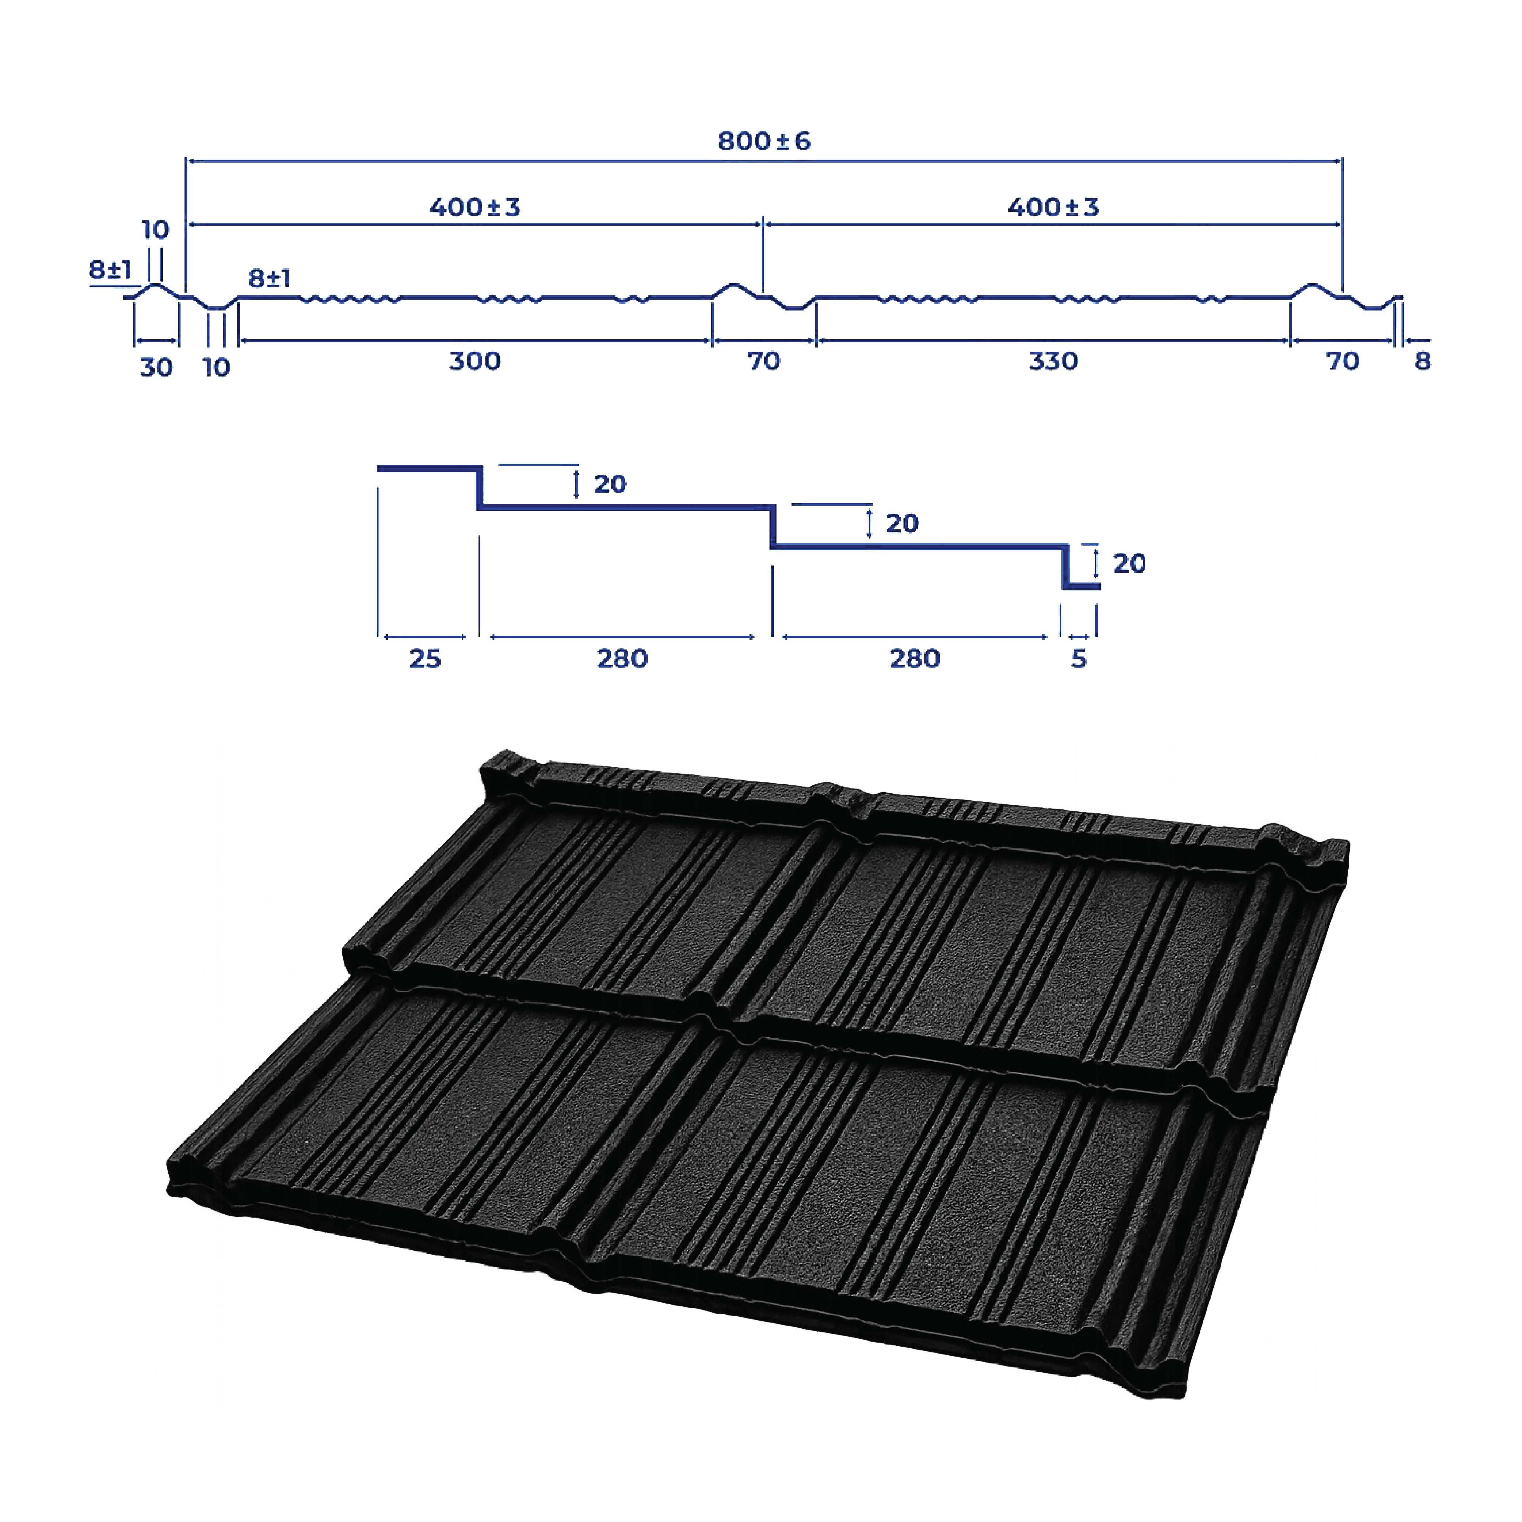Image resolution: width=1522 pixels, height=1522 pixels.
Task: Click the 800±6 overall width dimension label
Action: point(763,141)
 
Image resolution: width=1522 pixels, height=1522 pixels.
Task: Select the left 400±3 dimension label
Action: point(475,207)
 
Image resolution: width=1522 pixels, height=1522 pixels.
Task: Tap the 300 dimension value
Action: point(475,361)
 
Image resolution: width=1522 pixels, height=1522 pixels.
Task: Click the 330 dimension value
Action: point(1053,361)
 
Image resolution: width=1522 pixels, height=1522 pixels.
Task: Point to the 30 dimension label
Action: point(156,367)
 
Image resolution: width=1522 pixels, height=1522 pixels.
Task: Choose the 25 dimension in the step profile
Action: point(426,659)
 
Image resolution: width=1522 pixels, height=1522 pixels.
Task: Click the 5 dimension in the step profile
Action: point(1079,659)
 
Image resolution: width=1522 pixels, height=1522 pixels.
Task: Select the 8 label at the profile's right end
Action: point(1423,361)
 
